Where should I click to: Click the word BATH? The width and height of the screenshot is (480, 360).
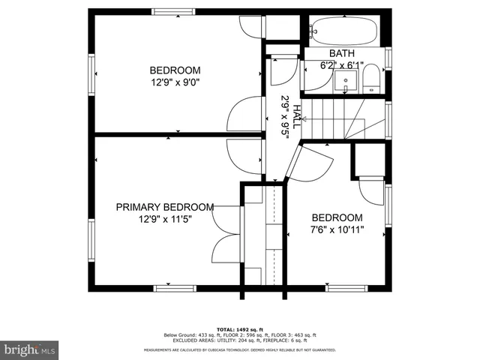pyautogui.click(x=342, y=54)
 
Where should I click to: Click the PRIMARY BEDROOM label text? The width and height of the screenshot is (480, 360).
pyautogui.click(x=165, y=207)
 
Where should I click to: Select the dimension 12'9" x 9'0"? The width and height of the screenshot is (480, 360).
pyautogui.click(x=175, y=83)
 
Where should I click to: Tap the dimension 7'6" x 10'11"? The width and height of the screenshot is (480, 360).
pyautogui.click(x=337, y=230)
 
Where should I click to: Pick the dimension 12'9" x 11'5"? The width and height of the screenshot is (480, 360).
pyautogui.click(x=165, y=220)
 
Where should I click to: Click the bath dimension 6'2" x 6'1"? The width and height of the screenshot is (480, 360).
pyautogui.click(x=342, y=65)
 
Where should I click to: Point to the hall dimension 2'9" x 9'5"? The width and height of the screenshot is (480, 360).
pyautogui.click(x=285, y=115)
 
